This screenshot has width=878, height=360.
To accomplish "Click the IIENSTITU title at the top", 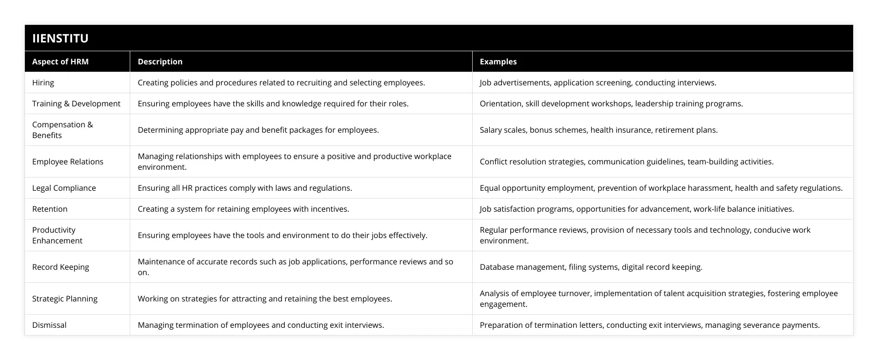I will (60, 39).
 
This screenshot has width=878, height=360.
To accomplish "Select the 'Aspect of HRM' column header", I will (60, 61).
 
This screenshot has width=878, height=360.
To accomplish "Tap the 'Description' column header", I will (160, 61).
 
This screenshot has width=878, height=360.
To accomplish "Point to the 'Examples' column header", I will (498, 61).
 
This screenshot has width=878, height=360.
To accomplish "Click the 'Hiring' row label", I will (43, 82).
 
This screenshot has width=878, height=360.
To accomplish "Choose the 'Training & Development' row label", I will (76, 103).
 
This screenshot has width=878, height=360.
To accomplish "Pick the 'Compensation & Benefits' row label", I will (62, 130).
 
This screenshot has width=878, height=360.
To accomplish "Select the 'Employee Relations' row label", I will (68, 161).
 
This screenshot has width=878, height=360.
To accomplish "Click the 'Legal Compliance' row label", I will (64, 188).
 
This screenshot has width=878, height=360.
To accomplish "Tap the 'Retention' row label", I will (50, 209).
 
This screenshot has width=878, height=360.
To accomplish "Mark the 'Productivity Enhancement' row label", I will (57, 235).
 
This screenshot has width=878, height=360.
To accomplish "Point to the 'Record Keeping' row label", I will (60, 267).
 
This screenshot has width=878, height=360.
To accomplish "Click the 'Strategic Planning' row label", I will (65, 299).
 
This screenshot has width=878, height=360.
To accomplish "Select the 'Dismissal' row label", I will (49, 325).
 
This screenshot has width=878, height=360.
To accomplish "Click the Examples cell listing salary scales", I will (599, 130).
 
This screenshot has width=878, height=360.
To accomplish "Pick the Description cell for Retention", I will (243, 209).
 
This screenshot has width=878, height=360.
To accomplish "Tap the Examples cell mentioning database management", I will (591, 267).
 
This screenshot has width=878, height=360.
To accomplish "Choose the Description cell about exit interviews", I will (260, 325).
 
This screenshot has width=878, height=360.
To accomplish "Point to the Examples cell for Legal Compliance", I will (661, 188).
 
